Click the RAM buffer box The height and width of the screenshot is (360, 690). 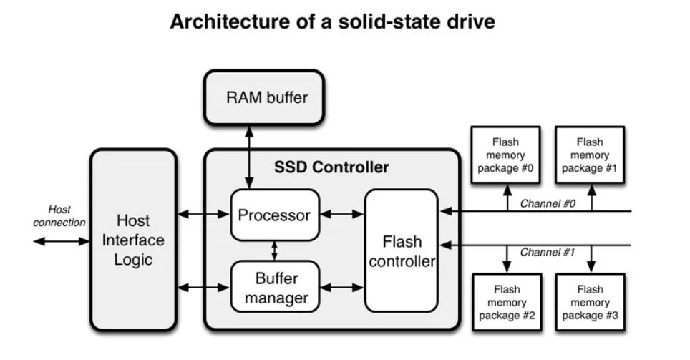point(266,97)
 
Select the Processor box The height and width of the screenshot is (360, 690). point(274,215)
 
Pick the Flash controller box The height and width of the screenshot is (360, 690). point(402,250)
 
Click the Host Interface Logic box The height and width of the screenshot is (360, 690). point(132,240)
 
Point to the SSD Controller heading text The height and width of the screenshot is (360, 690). point(331,168)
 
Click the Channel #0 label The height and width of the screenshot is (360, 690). point(548,203)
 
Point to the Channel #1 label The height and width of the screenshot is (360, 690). point(548,253)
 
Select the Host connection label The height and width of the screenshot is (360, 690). point(59,216)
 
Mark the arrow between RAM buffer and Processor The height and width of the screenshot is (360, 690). point(248,157)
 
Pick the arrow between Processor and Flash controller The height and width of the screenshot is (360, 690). point(341,214)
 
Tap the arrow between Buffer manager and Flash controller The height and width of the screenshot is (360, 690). point(341,288)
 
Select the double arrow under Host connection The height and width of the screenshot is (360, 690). point(61,241)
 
